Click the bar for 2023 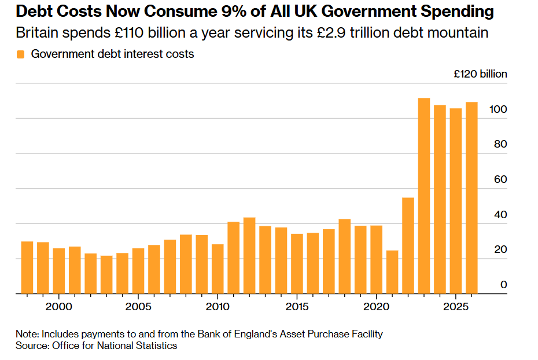pyautogui.click(x=423, y=196)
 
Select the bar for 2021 pyautogui.click(x=392, y=272)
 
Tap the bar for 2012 pyautogui.click(x=249, y=255)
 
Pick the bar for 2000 pyautogui.click(x=58, y=271)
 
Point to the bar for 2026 pyautogui.click(x=471, y=198)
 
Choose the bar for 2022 pyautogui.click(x=408, y=245)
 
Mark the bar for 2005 pyautogui.click(x=138, y=271)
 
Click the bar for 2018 pyautogui.click(x=344, y=256)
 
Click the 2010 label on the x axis pyautogui.click(x=218, y=307)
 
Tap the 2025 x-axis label pyautogui.click(x=456, y=307)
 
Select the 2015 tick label pyautogui.click(x=297, y=307)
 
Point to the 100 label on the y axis pyautogui.click(x=498, y=109)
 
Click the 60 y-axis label pyautogui.click(x=500, y=179)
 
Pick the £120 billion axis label pyautogui.click(x=480, y=74)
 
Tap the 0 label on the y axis pyautogui.click(x=504, y=285)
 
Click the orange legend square pyautogui.click(x=21, y=54)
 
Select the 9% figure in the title pyautogui.click(x=234, y=12)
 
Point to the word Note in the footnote pyautogui.click(x=27, y=334)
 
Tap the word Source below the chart pyautogui.click(x=32, y=346)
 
